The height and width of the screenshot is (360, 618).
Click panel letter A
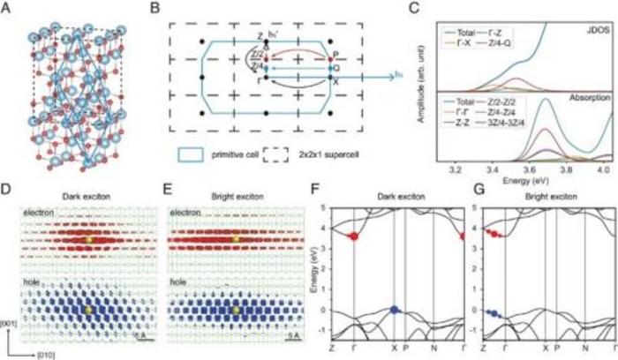coord(8,8)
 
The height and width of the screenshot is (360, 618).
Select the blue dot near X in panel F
coord(394,310)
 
